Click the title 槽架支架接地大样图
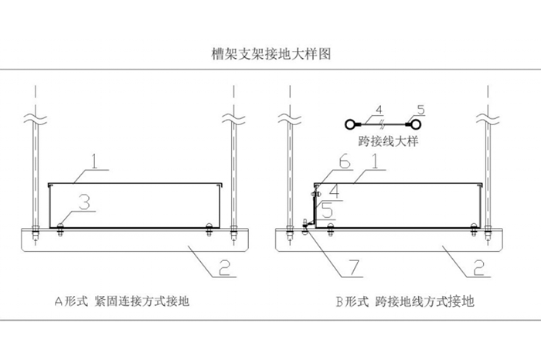pos(270,55)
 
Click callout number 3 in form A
pos(87,202)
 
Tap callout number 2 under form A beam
pos(223,267)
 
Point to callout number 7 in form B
pos(353,267)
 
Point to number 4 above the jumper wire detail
pos(379,110)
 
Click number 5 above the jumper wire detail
pos(420,110)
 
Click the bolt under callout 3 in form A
pos(61,226)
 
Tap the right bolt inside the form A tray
pos(208,226)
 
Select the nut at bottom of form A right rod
pos(232,228)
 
